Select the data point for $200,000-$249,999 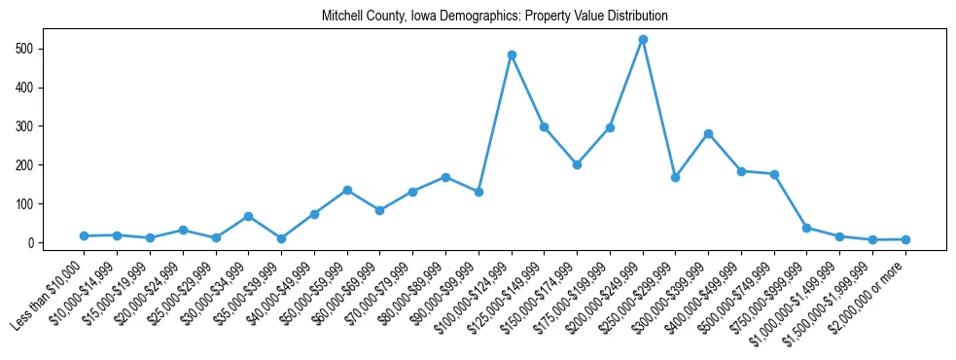click(643, 39)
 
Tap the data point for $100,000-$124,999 click(512, 54)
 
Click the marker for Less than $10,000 click(85, 235)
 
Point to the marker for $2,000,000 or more click(905, 239)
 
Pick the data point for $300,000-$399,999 click(708, 133)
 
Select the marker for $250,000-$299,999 click(676, 178)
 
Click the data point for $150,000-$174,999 click(577, 164)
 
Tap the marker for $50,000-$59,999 click(347, 190)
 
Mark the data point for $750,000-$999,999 click(807, 228)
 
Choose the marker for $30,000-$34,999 click(249, 216)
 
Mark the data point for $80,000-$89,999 click(445, 177)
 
